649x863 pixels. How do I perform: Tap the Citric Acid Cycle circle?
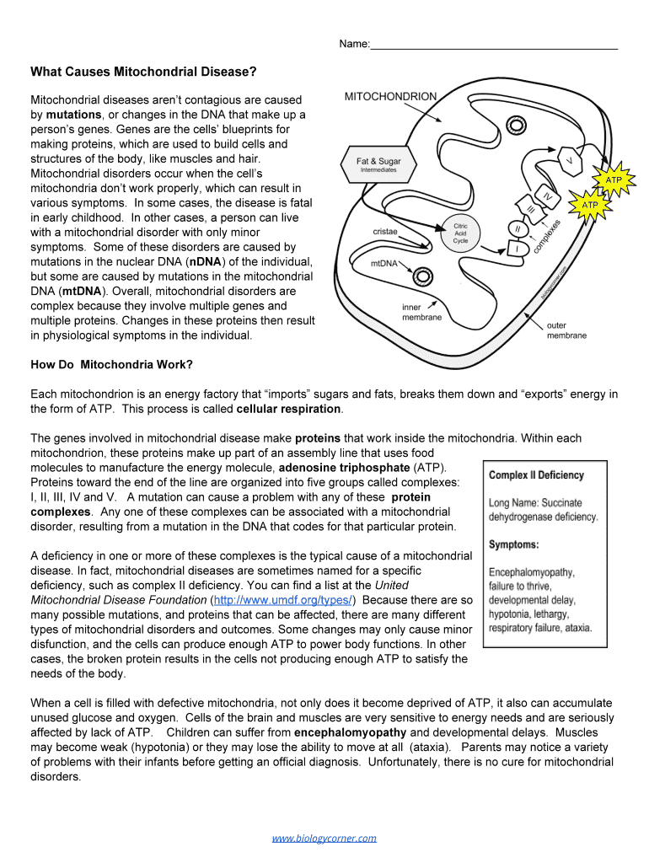click(460, 233)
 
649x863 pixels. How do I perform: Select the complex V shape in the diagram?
click(570, 161)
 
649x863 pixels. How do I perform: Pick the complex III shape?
click(530, 210)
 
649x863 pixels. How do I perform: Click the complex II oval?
click(517, 228)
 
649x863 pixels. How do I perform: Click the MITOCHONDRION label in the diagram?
click(390, 96)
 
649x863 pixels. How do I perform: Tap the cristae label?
click(385, 231)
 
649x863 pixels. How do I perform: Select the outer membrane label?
click(566, 330)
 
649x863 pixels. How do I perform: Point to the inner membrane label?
click(421, 312)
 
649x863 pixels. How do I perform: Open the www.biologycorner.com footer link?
click(324, 838)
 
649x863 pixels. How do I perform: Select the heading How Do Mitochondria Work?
click(111, 365)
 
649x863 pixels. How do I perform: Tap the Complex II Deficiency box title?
click(536, 474)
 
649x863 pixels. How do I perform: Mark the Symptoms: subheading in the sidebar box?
click(514, 544)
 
